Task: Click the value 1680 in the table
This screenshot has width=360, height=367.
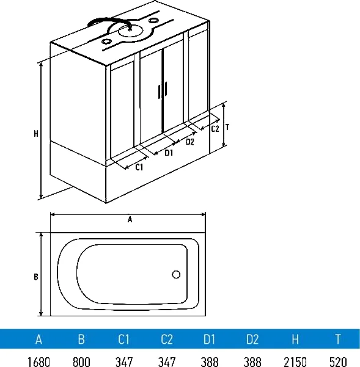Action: pos(39,362)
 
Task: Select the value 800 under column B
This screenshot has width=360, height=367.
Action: pos(81,362)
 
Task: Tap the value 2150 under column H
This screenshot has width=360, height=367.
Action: pos(295,362)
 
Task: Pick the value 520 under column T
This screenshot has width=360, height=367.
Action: pos(338,362)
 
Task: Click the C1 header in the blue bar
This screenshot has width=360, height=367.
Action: pos(123,339)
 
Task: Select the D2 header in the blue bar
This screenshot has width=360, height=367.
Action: pos(252,339)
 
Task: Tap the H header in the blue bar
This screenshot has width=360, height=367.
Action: pos(295,339)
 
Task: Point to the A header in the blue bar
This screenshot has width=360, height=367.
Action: pos(39,339)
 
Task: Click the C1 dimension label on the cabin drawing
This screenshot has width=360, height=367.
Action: pos(139,167)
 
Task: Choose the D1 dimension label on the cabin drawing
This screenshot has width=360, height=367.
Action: pos(169,153)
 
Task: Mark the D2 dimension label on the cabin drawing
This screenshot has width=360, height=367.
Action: pos(189,142)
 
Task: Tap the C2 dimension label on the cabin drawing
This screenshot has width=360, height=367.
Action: pos(215,129)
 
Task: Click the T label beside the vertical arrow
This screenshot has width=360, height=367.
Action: pos(227,128)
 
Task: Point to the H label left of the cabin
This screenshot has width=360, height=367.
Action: pos(36,134)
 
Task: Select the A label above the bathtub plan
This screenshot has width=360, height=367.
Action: pos(130,220)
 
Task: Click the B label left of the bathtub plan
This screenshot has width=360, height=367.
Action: pos(36,277)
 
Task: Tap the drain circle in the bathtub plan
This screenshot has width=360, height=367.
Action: pos(176,274)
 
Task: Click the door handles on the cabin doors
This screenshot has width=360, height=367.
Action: pos(163,90)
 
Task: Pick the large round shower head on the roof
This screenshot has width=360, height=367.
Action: pos(130,31)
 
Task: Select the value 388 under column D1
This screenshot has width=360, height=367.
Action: pos(210,362)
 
